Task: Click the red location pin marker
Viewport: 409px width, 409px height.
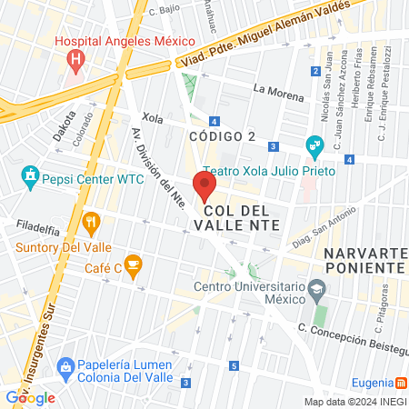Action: tap(205, 187)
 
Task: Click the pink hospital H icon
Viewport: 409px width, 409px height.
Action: tap(76, 61)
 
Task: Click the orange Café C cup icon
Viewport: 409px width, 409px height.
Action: tap(134, 266)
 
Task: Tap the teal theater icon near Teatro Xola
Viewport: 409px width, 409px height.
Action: tap(314, 144)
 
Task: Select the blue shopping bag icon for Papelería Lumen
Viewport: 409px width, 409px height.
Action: tap(64, 366)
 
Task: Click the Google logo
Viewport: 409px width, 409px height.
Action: tap(31, 397)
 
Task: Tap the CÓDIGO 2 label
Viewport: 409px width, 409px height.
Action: tap(221, 136)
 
